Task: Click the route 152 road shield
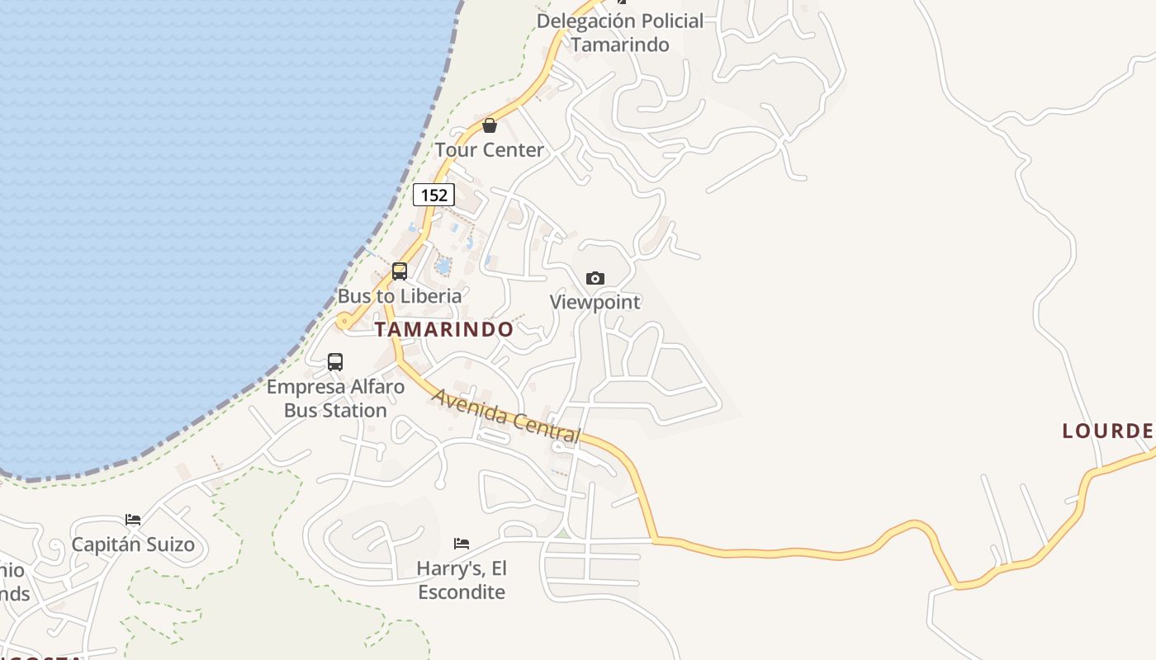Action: [x=433, y=195]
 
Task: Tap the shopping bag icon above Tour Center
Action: [x=490, y=125]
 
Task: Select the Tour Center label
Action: [x=490, y=150]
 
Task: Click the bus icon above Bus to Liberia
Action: [x=400, y=271]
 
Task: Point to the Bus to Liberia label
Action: [x=400, y=295]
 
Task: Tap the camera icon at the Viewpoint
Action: [x=595, y=278]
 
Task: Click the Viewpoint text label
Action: [x=595, y=302]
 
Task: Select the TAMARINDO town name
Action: [x=444, y=329]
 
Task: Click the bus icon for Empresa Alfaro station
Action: [x=335, y=361]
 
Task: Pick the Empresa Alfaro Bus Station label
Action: [x=335, y=398]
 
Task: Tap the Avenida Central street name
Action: [x=505, y=415]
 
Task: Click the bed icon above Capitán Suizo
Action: [x=133, y=520]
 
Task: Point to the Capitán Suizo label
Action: [x=133, y=544]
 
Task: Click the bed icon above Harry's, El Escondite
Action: [x=462, y=544]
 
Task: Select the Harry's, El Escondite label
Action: [x=462, y=580]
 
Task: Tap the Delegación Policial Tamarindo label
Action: [x=620, y=32]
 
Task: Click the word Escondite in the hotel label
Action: [x=462, y=592]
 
